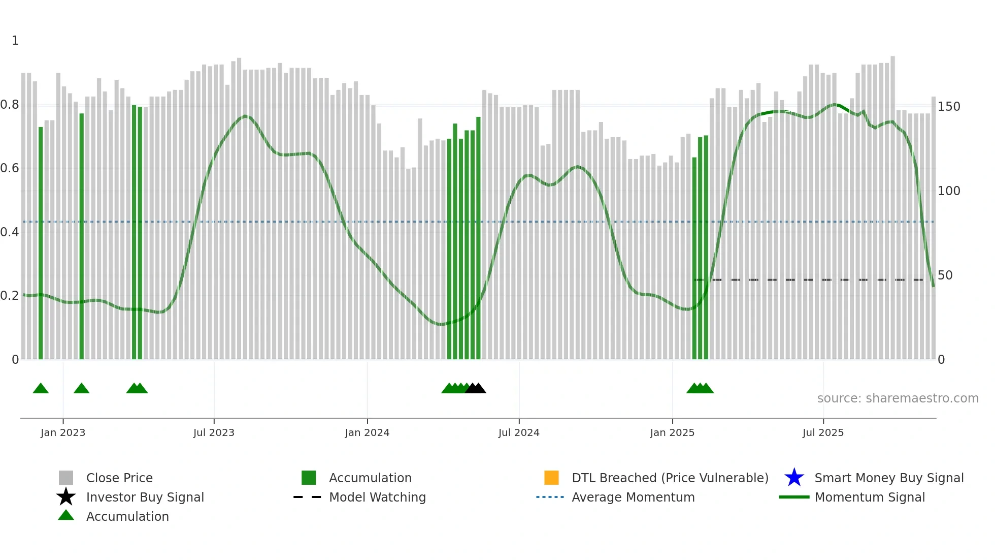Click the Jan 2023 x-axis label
pos(63,433)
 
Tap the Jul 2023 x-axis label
pos(214,433)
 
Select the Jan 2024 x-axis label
pos(367,433)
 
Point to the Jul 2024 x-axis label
pos(519,433)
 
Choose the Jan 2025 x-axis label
pos(672,433)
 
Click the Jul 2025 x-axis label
pos(823,433)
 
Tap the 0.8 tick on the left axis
pos(10,105)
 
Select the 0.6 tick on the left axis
pos(10,168)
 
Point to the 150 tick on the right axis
pos(949,107)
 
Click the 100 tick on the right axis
pos(949,191)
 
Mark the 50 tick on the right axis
pos(945,275)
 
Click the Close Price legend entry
pos(119,478)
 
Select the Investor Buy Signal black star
pos(66,497)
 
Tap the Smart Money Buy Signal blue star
pos(794,478)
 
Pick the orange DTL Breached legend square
pos(551,478)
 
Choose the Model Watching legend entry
pos(377,497)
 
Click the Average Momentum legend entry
pos(633,497)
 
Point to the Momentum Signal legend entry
pos(870,497)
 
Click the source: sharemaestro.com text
pos(898,398)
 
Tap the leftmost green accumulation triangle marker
pos(41,389)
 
